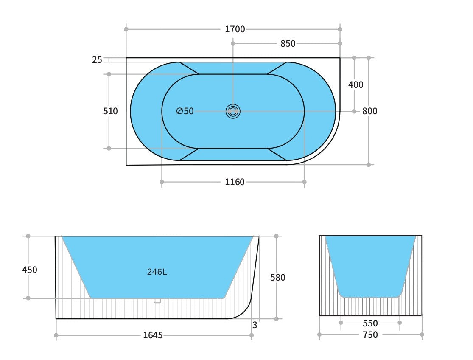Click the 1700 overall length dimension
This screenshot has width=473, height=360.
pyautogui.click(x=235, y=29)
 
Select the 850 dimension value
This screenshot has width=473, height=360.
pyautogui.click(x=288, y=44)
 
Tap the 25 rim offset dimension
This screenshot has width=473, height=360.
pyautogui.click(x=97, y=60)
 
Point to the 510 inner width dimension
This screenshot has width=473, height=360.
pyautogui.click(x=110, y=111)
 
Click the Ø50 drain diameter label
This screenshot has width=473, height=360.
pyautogui.click(x=185, y=111)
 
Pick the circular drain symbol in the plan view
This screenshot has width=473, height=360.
pyautogui.click(x=233, y=111)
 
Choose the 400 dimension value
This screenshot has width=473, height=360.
pyautogui.click(x=355, y=85)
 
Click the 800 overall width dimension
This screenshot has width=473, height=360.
pyautogui.click(x=370, y=111)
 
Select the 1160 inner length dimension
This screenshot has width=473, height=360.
pyautogui.click(x=235, y=182)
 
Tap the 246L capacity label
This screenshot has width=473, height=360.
pyautogui.click(x=157, y=272)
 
